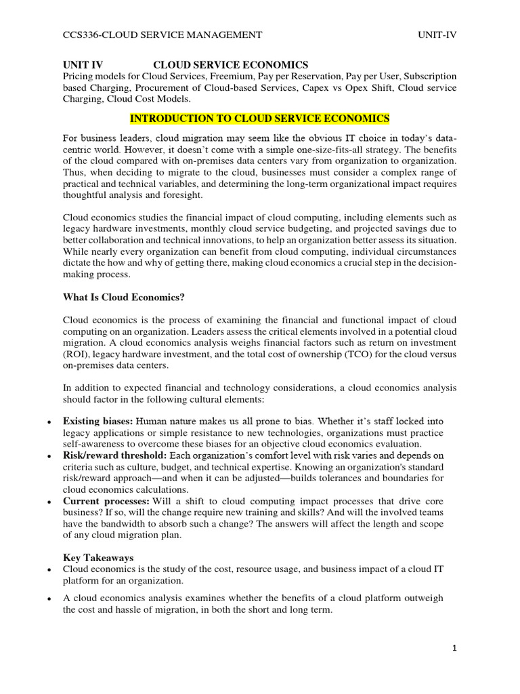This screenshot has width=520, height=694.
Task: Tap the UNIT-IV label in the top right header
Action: click(437, 35)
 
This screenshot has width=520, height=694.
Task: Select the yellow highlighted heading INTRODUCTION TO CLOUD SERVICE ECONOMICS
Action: click(259, 119)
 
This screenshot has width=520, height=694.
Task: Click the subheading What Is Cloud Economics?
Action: click(123, 296)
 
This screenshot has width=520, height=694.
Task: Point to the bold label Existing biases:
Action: click(97, 422)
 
